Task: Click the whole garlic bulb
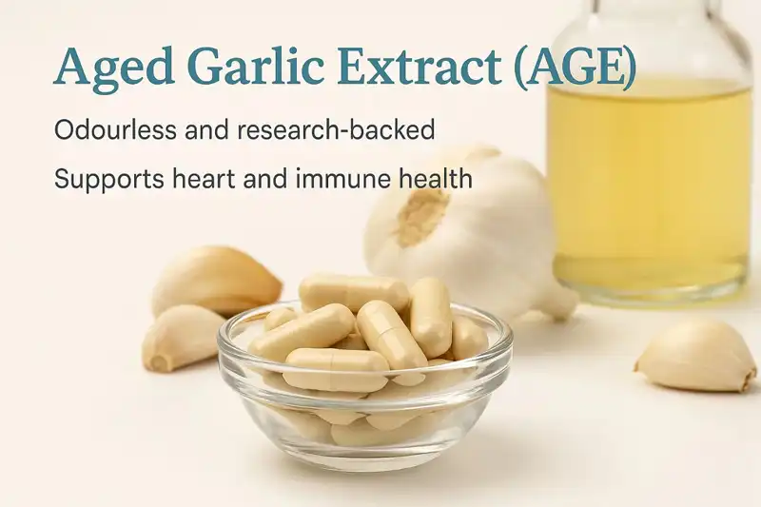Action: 466,228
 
